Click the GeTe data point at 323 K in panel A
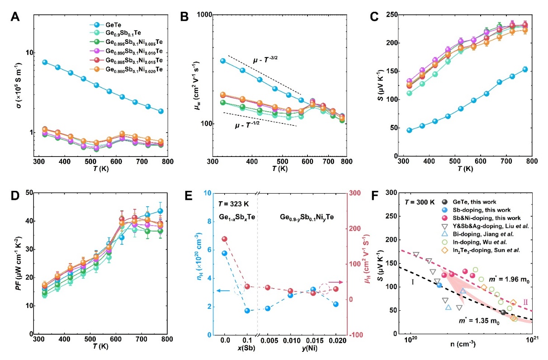[45, 62]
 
